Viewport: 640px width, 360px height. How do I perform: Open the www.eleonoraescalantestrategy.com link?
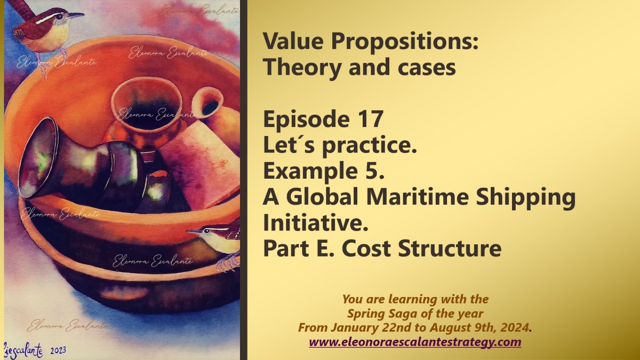click(415, 342)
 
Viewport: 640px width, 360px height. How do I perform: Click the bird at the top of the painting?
click(45, 29)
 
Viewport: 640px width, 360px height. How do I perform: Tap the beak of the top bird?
click(76, 15)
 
